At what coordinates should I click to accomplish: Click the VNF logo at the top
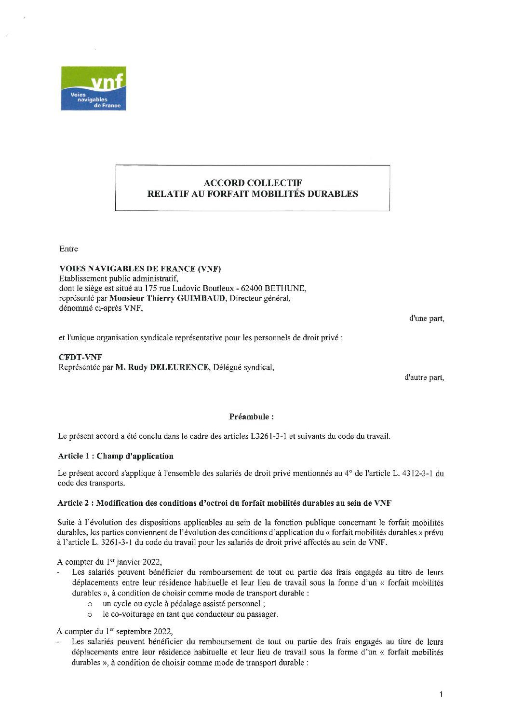tap(94, 88)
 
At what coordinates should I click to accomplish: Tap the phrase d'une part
tap(427, 319)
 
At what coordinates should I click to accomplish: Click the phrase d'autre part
tap(424, 378)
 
